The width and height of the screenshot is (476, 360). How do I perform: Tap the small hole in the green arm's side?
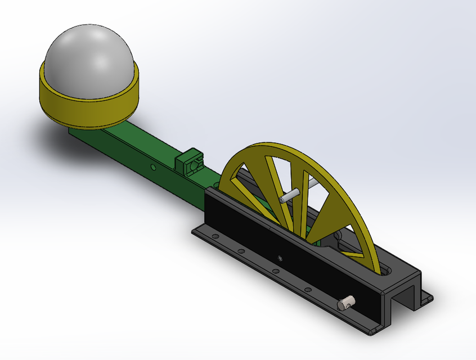pos(153,167)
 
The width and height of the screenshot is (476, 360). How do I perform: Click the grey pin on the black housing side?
pos(344,303)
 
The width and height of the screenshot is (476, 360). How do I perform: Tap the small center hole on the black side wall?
pos(280,258)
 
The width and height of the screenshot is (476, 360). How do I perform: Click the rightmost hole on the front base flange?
pos(308,290)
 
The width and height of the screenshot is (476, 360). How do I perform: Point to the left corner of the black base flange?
pos(194,230)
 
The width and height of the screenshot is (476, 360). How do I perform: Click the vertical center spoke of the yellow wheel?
pos(304,197)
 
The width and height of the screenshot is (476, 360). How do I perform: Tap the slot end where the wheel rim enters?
pos(386,271)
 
